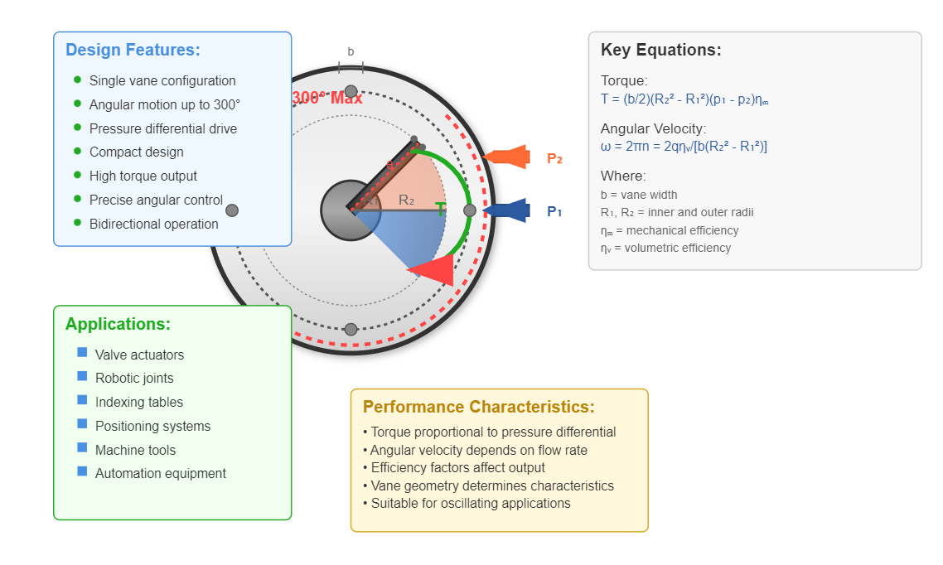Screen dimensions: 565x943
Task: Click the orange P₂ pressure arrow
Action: [x=506, y=157]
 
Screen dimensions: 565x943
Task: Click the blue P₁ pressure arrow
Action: [x=506, y=210]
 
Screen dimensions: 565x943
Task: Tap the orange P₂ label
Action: [x=554, y=159]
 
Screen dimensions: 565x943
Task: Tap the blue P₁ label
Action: [x=554, y=212]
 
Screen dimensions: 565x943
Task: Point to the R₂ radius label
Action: [x=406, y=200]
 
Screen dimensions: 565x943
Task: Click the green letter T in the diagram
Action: [x=440, y=210]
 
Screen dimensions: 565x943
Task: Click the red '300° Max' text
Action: [x=327, y=98]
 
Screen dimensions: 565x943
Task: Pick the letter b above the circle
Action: [x=351, y=52]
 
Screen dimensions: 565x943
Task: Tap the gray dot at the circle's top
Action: [x=351, y=91]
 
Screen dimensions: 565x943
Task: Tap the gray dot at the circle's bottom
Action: [x=351, y=329]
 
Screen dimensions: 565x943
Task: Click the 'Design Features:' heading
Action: [x=133, y=50]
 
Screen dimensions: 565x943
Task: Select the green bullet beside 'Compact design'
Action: [x=78, y=152]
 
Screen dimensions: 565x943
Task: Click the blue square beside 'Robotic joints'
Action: [x=82, y=376]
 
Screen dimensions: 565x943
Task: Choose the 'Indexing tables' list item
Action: [x=139, y=403]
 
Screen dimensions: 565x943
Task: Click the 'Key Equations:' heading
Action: [x=660, y=50]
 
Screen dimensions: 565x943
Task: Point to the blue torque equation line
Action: [x=684, y=99]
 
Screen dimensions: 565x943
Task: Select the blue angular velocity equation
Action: [x=684, y=147]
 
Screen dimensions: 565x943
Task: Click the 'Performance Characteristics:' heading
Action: [x=478, y=407]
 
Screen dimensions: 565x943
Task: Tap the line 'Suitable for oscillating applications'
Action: [x=471, y=504]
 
